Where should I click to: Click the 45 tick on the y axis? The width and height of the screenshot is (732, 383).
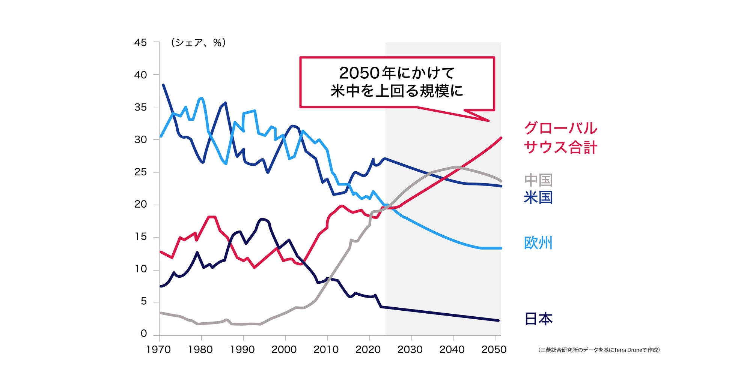coord(140,43)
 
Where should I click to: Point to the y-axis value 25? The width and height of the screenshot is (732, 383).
coord(140,172)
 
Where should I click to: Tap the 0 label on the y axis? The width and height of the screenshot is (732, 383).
coord(143,334)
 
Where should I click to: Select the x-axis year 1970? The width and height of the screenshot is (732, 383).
coord(158,350)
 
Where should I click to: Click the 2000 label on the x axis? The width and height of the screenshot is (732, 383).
coord(284,350)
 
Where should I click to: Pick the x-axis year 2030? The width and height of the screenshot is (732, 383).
coord(410,350)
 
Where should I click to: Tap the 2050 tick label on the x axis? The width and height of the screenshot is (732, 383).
coord(494,350)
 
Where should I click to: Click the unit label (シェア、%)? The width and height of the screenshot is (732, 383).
coord(198,43)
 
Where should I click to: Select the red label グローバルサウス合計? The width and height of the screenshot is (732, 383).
coord(560,138)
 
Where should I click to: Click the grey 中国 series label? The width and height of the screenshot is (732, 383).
coord(538,180)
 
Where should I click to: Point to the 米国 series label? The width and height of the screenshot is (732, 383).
coord(538,197)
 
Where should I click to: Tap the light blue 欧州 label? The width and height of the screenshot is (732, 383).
coord(538,243)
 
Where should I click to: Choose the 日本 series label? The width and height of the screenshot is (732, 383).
coord(538,319)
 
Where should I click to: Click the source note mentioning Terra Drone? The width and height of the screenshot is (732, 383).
coord(599,350)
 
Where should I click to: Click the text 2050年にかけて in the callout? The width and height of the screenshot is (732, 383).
coord(397,73)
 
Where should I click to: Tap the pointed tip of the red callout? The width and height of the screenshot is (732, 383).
coord(488,121)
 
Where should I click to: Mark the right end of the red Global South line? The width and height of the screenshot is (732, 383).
coord(501,138)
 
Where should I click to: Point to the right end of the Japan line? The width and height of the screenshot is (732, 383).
coord(499,320)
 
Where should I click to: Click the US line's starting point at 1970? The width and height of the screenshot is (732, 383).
coord(163,85)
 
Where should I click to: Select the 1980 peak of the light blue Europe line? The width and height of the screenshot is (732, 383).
coord(202,98)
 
